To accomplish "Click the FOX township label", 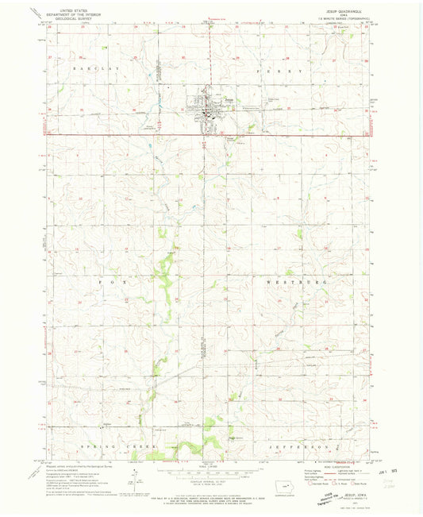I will pyautogui.click(x=107, y=281).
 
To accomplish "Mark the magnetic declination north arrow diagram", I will pyautogui.click(x=135, y=476).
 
